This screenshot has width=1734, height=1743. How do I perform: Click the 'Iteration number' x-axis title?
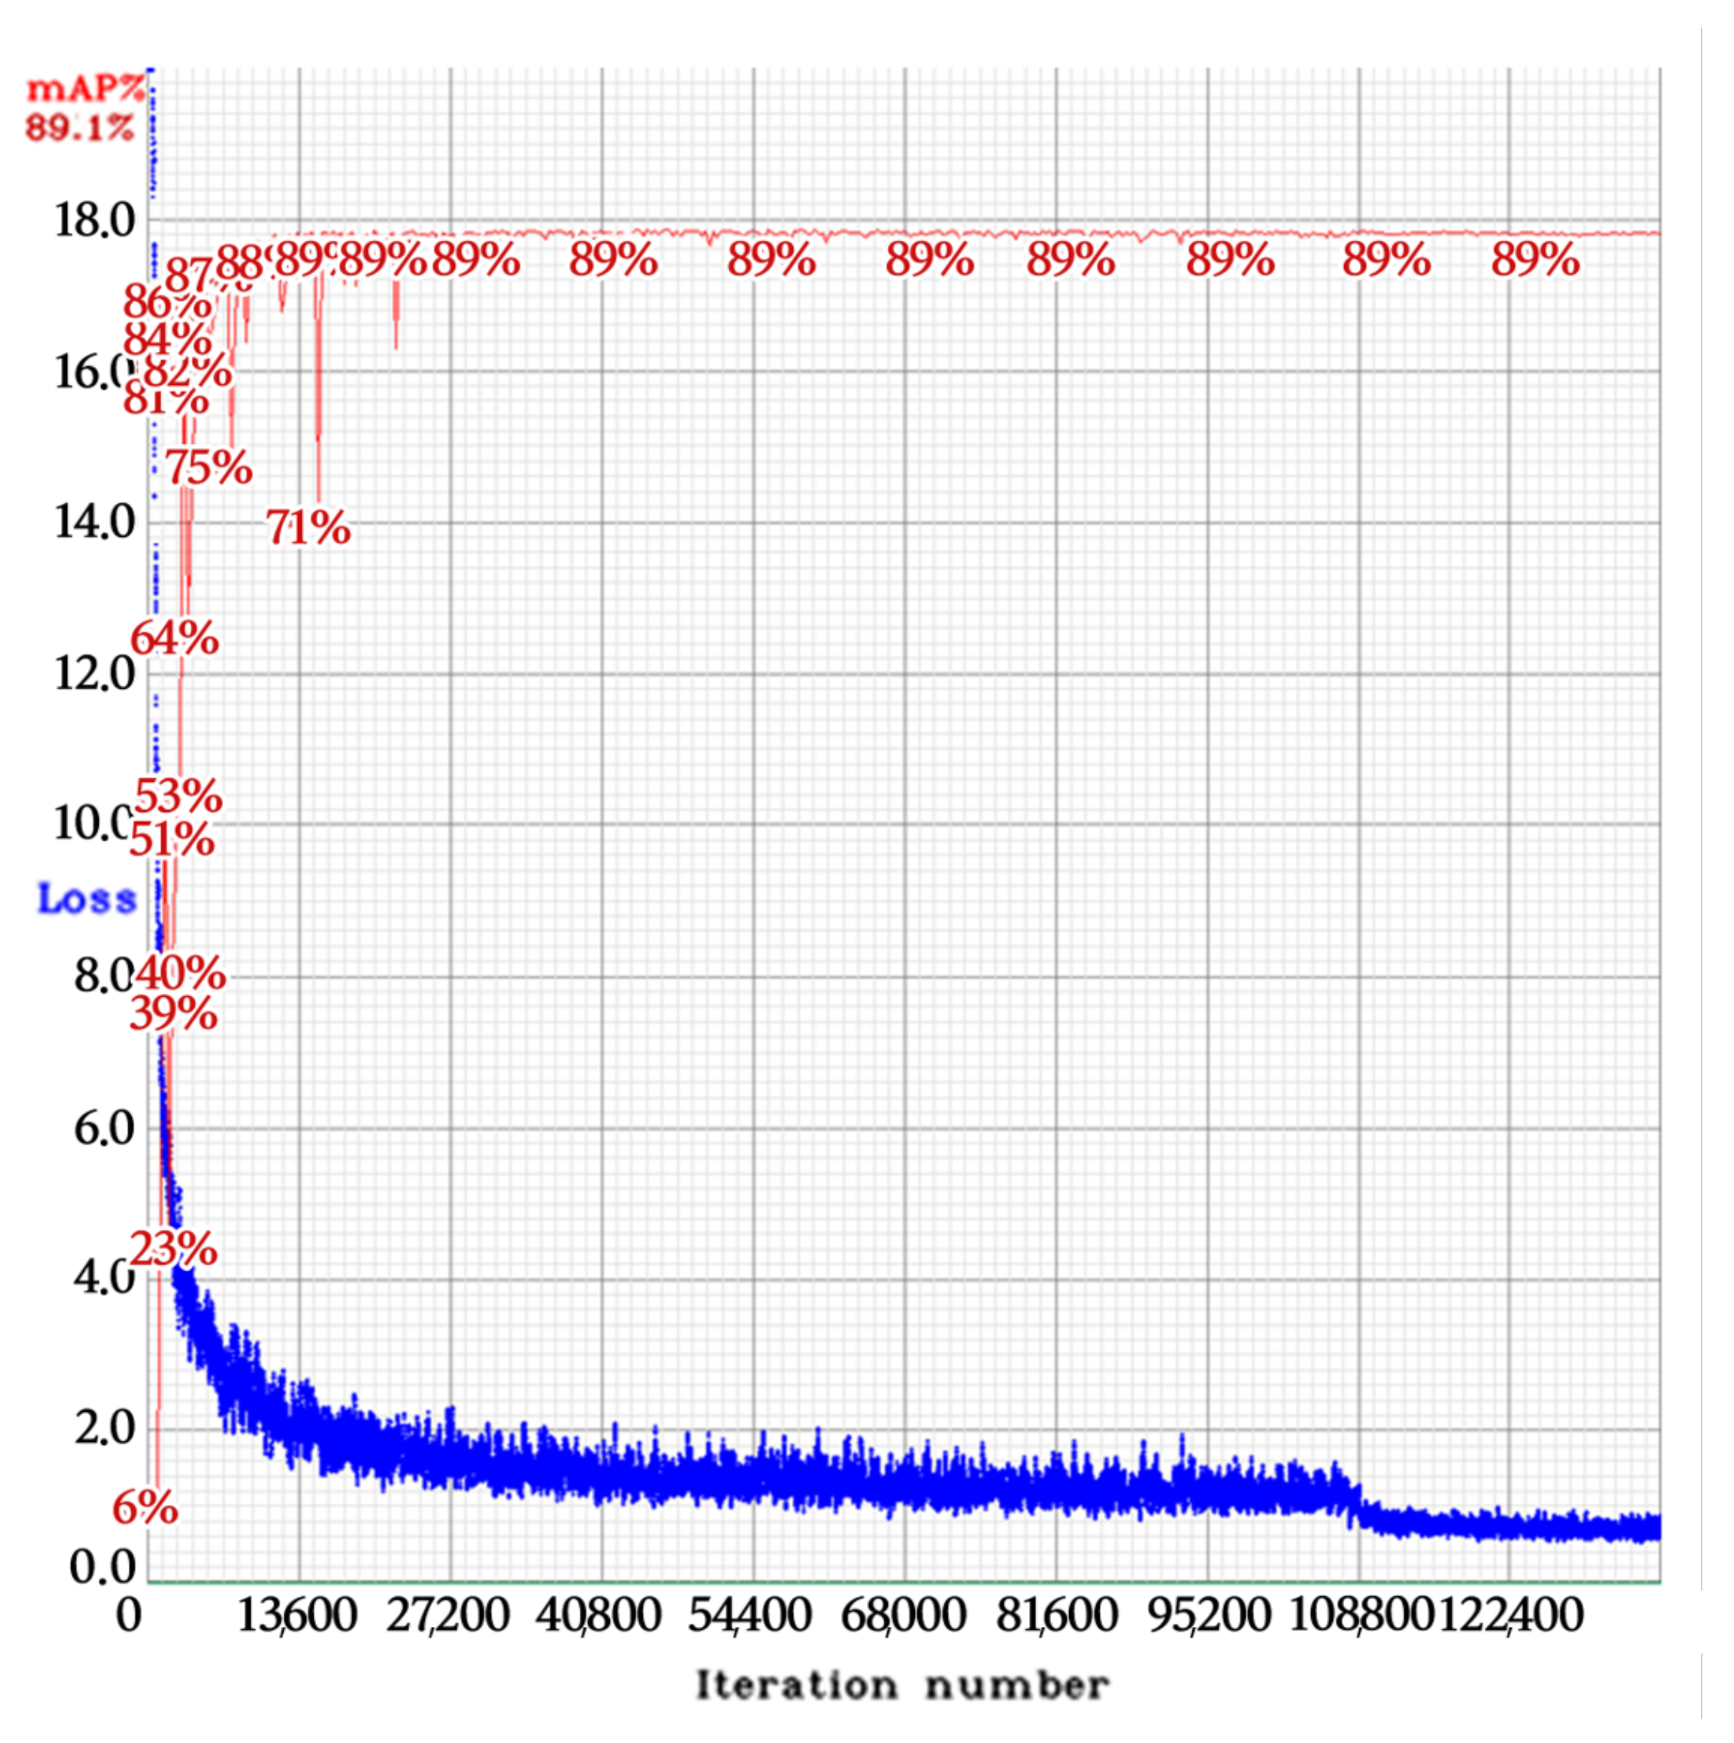pos(902,1684)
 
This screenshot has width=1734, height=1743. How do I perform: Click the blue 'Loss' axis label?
pos(87,899)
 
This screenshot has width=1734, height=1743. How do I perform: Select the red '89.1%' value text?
pos(80,127)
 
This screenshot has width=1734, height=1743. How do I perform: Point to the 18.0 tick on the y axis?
pos(94,220)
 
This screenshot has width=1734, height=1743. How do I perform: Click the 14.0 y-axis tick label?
pos(94,522)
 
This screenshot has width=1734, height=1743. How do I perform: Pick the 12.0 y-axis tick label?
pos(94,673)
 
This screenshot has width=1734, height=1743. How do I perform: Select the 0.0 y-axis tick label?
pos(101,1568)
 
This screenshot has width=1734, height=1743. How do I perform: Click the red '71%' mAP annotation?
pos(307,527)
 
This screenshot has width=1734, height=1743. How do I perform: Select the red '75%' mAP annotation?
pos(208,467)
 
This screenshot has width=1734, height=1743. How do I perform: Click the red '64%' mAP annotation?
pos(174,639)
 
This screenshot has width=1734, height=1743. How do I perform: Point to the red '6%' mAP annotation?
pos(144,1507)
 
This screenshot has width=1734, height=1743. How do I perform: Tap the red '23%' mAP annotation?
pos(173,1249)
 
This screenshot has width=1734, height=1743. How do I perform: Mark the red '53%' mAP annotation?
pos(178,796)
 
